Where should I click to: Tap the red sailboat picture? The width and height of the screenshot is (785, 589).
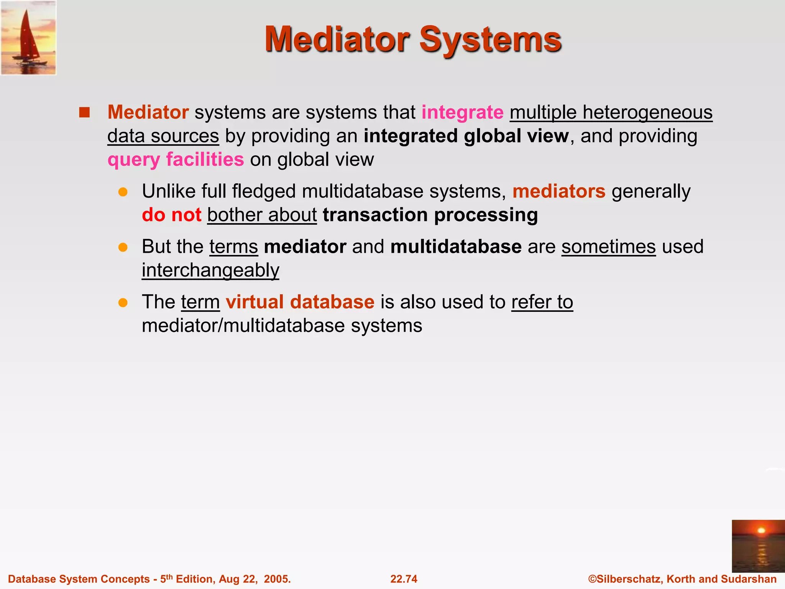coord(28,38)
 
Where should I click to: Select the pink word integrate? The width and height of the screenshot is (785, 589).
coord(462,113)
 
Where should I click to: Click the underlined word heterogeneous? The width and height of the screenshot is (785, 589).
coord(647,113)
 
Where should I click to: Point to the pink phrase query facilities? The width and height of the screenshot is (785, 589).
coord(176,160)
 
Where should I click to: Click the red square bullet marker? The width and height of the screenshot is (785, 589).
coord(84,113)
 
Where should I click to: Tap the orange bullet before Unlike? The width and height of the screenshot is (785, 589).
coord(123,192)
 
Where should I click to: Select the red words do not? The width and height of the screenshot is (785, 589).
coord(171,215)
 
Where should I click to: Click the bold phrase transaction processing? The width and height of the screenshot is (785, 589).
coord(430,215)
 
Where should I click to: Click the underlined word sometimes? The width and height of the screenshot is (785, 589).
coord(608,247)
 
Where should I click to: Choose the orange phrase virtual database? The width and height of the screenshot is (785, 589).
coord(300,302)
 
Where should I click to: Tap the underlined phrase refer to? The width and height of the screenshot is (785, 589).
coord(542,302)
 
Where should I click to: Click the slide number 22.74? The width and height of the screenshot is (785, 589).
coord(404,579)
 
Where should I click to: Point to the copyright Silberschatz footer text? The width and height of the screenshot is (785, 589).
coord(682,579)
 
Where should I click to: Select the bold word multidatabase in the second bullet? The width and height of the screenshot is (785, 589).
coord(456,247)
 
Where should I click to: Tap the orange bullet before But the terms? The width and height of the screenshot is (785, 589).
coord(123,247)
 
